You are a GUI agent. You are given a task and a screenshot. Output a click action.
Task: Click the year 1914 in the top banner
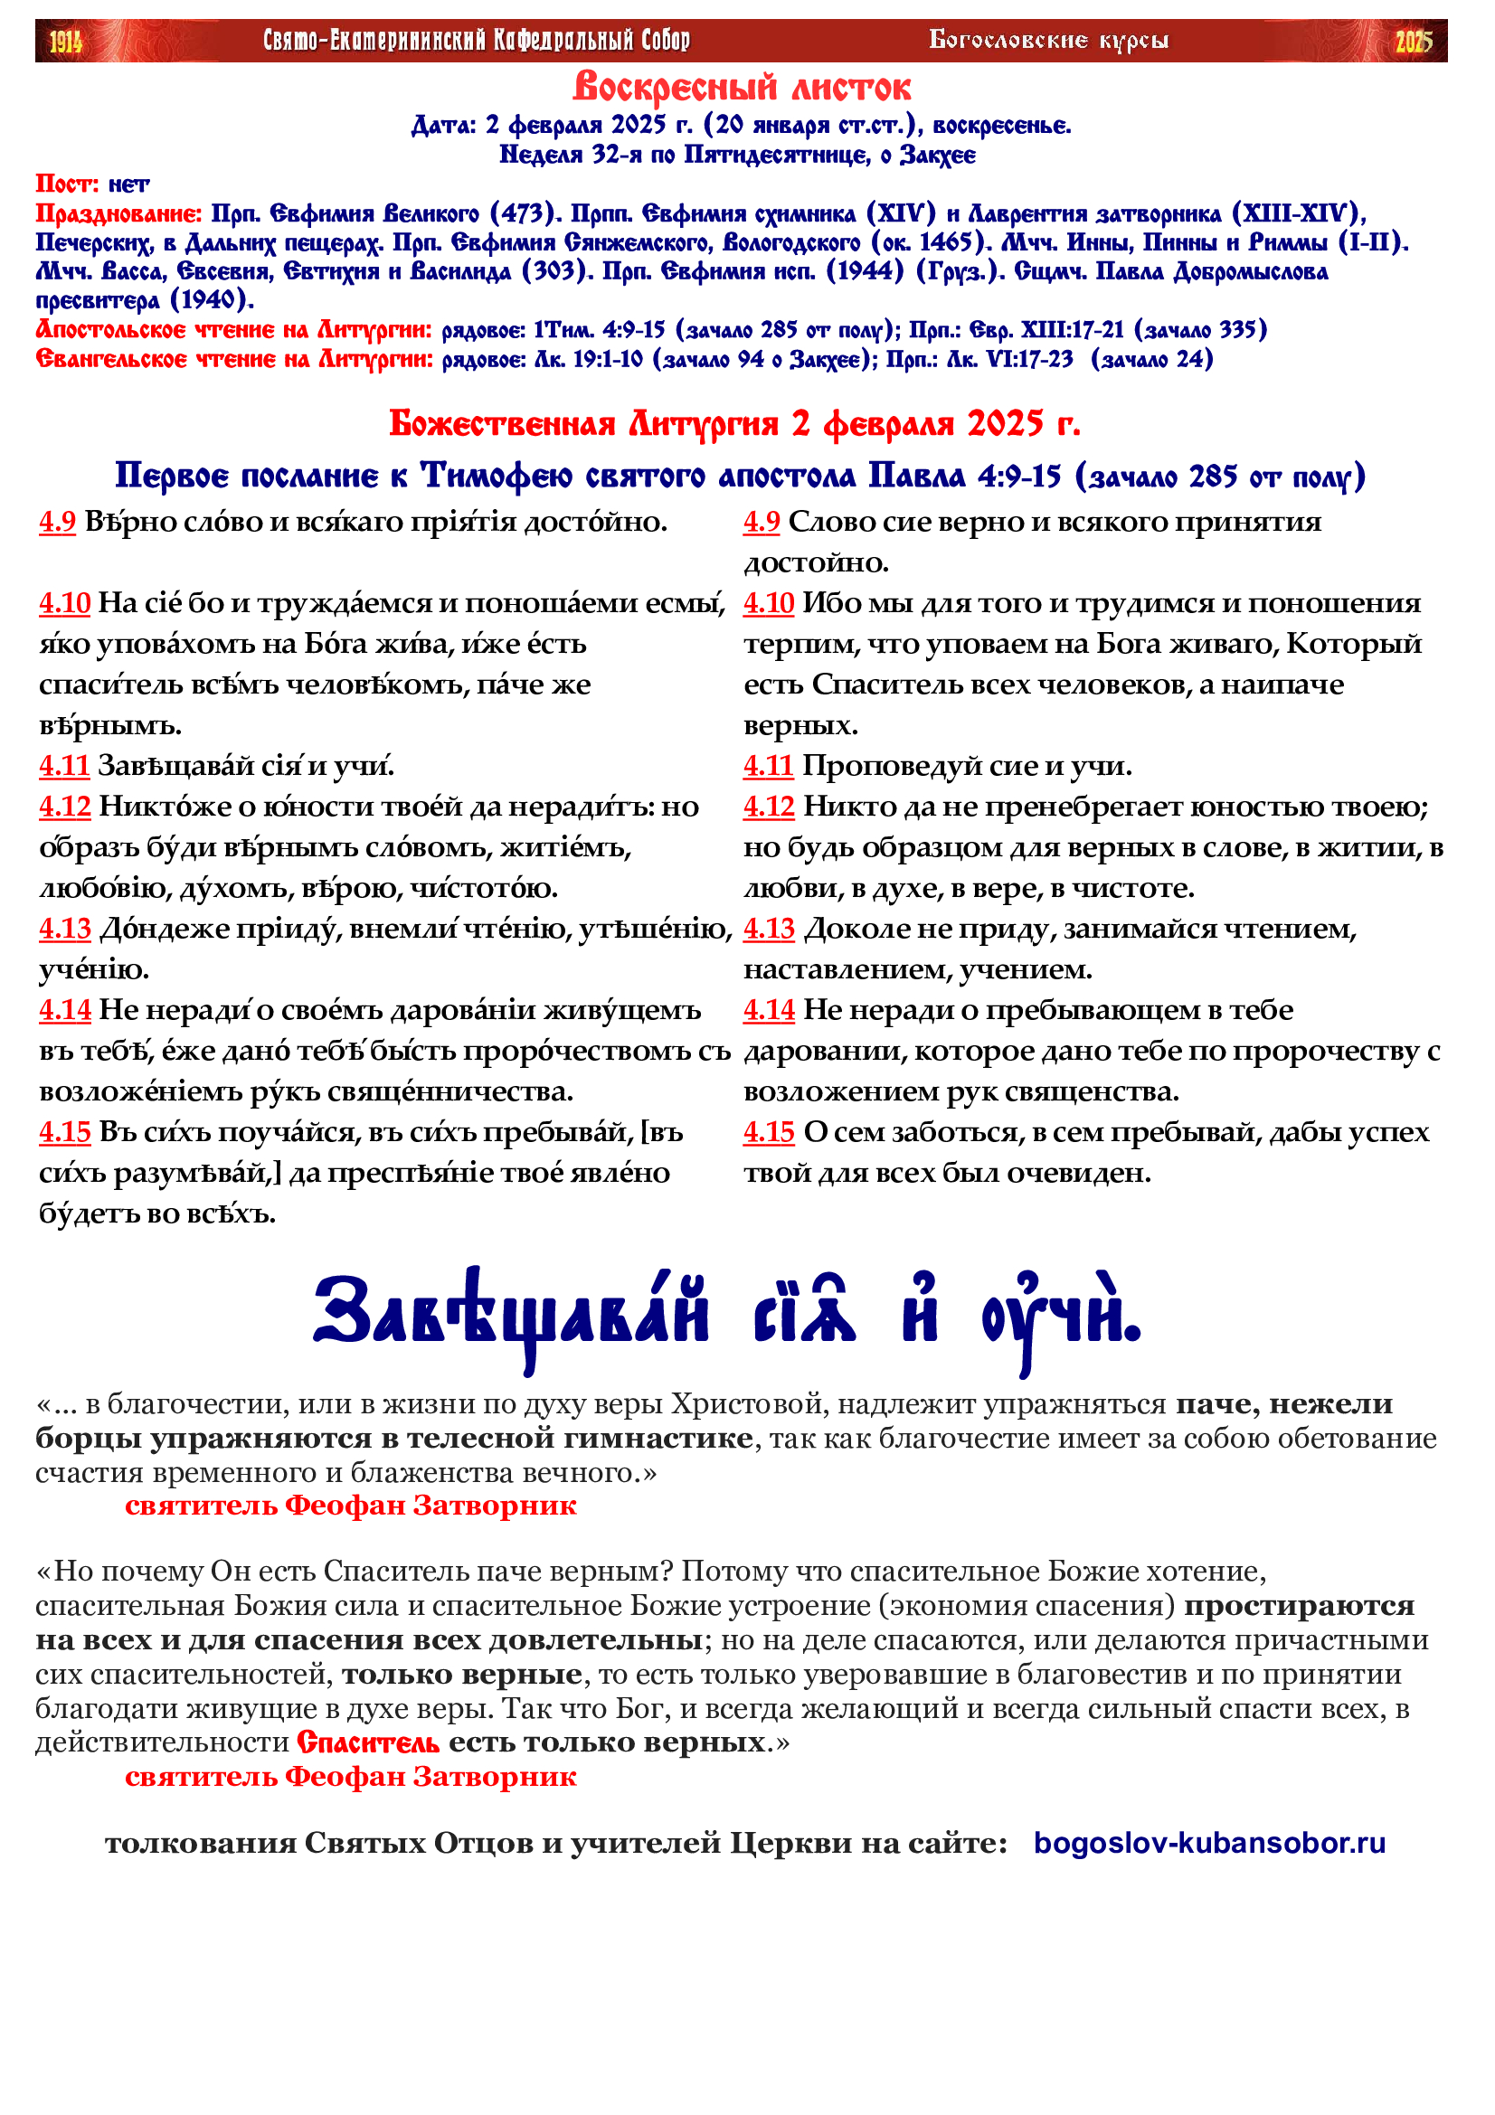(x=65, y=42)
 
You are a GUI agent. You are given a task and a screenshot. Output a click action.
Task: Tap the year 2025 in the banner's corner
(x=1414, y=42)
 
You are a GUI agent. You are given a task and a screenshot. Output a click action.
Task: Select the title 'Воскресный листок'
(x=742, y=88)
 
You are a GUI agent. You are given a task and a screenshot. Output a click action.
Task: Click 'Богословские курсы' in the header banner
(x=1048, y=41)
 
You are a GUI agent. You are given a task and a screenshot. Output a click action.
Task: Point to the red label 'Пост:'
(x=67, y=184)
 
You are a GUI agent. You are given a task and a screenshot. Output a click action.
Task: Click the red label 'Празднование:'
(x=118, y=213)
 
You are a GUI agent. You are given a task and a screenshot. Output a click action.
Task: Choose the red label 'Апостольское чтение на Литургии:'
(x=234, y=330)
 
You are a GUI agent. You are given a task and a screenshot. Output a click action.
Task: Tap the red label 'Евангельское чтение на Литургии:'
(x=234, y=359)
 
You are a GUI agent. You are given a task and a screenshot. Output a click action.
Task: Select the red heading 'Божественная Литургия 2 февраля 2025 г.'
(x=734, y=424)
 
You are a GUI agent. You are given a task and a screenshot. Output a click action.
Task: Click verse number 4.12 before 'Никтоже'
(x=64, y=807)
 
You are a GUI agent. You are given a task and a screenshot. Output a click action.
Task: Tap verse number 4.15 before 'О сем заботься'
(x=768, y=1132)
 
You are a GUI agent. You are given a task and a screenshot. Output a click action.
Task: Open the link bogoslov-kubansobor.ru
(x=1208, y=1843)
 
